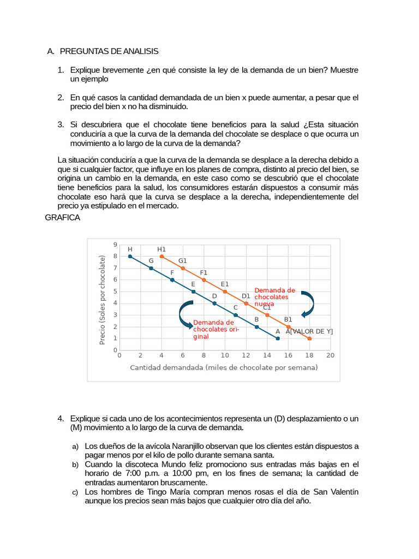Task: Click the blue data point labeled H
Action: tap(130, 256)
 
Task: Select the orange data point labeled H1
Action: tap(161, 256)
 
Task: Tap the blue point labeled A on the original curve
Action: tap(278, 338)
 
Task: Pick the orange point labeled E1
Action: tap(225, 292)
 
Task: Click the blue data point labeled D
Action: tap(214, 303)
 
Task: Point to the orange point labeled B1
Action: tap(288, 327)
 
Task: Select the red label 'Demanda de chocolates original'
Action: tap(213, 329)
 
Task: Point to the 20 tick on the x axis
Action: tap(330, 355)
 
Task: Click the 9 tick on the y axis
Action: tap(115, 245)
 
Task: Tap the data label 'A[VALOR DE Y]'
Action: tap(309, 331)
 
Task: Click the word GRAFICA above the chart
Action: tap(62, 217)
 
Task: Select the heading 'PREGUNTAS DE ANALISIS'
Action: tap(109, 51)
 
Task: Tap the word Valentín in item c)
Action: tap(342, 492)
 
